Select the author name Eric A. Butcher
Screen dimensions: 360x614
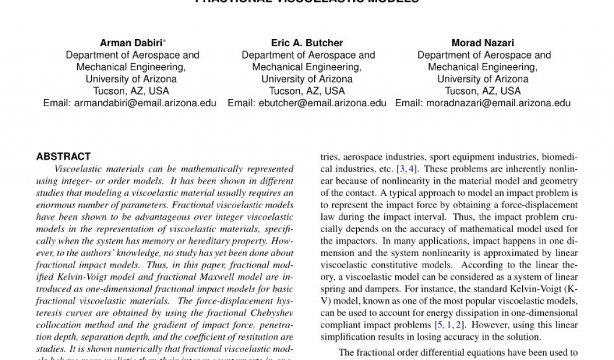pos(307,43)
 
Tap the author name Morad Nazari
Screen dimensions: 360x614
pos(483,43)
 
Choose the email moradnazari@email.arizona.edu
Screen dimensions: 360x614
pos(498,103)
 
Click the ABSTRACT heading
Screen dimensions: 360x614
pos(64,157)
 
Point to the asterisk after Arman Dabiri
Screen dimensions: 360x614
pos(165,41)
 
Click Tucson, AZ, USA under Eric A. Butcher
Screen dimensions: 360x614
pos(307,91)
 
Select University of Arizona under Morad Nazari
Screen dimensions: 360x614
pos(483,79)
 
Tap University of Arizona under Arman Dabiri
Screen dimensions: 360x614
pos(131,79)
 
